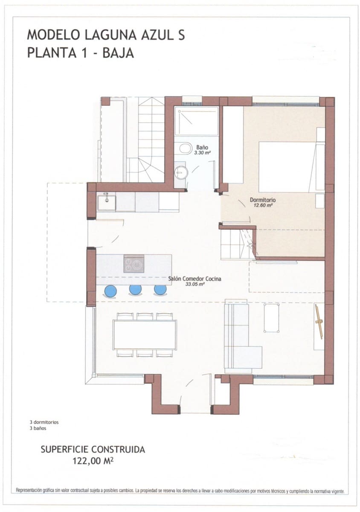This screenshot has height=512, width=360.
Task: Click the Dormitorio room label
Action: (263, 199)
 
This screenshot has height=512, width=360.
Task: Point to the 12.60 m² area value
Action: (263, 205)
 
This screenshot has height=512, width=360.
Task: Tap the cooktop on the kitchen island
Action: (134, 264)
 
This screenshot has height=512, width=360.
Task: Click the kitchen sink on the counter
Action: (106, 203)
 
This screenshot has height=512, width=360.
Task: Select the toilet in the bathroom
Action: (186, 148)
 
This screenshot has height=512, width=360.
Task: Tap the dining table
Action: (145, 335)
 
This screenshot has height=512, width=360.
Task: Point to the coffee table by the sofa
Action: (271, 317)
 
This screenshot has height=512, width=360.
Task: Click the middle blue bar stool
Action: (135, 290)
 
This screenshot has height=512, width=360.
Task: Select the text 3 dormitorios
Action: (41, 422)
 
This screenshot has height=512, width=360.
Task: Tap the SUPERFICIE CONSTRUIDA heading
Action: (93, 449)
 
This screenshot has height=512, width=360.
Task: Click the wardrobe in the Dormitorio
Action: (233, 145)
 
